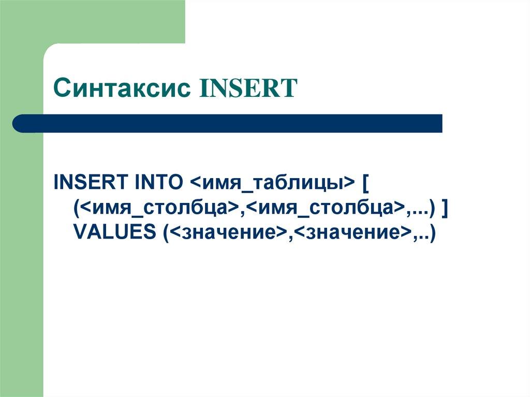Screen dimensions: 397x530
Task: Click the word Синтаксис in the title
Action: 123,89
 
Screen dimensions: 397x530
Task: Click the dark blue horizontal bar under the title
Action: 228,123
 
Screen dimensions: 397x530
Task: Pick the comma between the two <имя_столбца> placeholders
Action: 241,212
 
